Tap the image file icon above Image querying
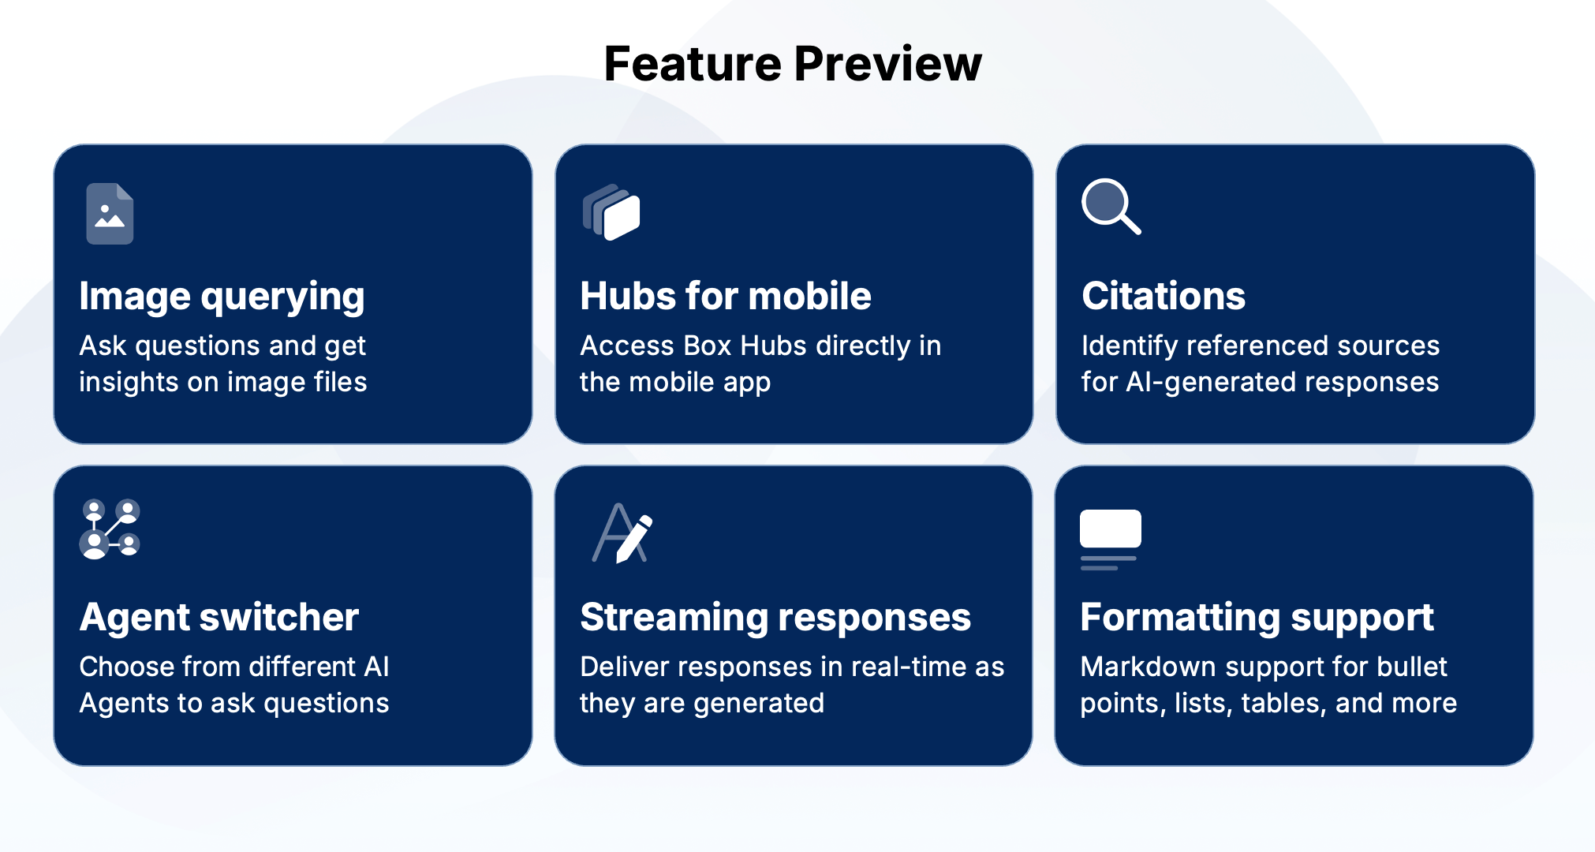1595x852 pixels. pos(110,213)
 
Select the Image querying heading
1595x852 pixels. pos(222,297)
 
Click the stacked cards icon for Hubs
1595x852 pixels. pos(611,211)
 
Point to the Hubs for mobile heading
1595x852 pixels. pos(726,296)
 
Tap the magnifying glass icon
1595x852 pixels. pos(1111,207)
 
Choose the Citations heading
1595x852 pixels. pos(1164,296)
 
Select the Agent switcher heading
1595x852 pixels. pos(219,617)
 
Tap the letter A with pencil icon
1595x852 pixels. pos(622,533)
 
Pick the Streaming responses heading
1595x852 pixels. pos(775,617)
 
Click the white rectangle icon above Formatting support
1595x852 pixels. pos(1110,529)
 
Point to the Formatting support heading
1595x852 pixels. pos(1257,617)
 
